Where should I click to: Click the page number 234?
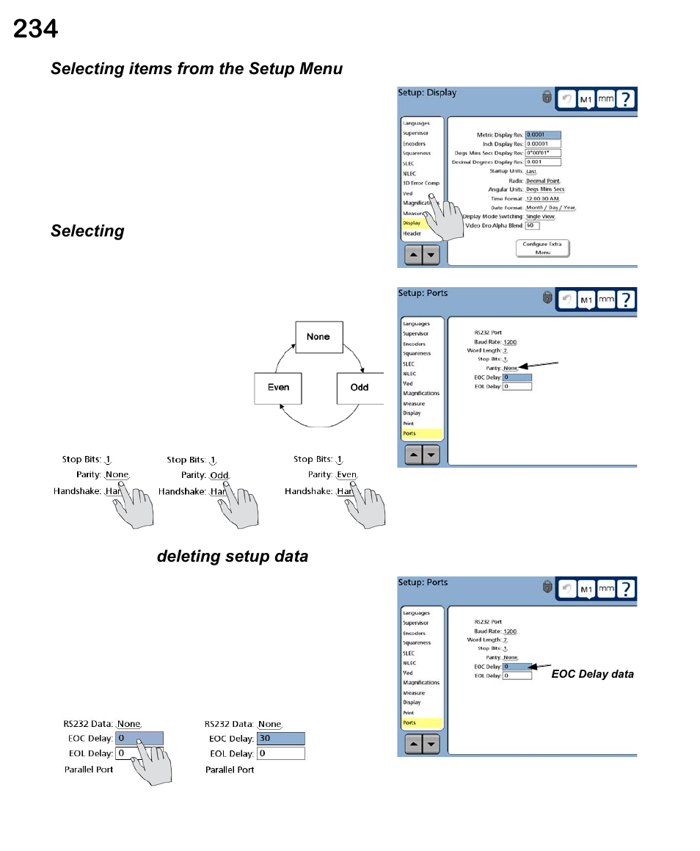point(35,29)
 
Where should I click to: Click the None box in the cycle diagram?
point(318,336)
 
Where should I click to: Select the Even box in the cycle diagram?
point(279,387)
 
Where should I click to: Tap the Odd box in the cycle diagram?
point(360,387)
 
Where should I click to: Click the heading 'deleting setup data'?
point(233,557)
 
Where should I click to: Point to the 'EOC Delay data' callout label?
point(592,674)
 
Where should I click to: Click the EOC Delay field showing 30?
point(280,739)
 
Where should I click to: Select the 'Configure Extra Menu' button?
point(542,248)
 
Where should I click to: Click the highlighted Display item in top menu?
point(412,223)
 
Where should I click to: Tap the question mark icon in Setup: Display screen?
point(625,99)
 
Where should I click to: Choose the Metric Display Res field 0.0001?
point(543,135)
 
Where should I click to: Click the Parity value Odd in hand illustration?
point(219,476)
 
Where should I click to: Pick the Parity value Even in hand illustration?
point(346,475)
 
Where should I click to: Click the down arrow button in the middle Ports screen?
point(431,455)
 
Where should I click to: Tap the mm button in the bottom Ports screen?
point(605,588)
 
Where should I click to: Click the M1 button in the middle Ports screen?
point(586,300)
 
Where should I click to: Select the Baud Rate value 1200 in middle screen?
point(510,342)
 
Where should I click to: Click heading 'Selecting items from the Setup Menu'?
point(197,69)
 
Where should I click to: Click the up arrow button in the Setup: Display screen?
point(413,255)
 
